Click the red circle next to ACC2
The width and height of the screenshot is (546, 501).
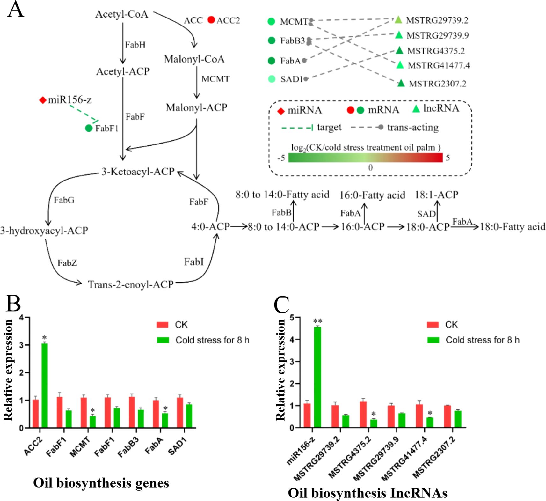pyautogui.click(x=211, y=20)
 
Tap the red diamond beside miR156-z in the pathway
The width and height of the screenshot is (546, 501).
pyautogui.click(x=43, y=100)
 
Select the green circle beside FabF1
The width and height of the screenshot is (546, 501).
pyautogui.click(x=89, y=128)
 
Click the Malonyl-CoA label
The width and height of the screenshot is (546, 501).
pyautogui.click(x=194, y=59)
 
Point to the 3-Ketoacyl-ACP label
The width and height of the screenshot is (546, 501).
pyautogui.click(x=138, y=172)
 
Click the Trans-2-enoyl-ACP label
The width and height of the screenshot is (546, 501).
pyautogui.click(x=131, y=284)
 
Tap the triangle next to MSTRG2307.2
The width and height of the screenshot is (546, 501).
pyautogui.click(x=401, y=84)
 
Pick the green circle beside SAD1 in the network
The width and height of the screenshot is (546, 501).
pyautogui.click(x=272, y=79)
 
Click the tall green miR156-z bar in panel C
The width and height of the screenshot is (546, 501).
pyautogui.click(x=317, y=377)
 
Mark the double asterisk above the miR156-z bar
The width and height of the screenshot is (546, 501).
pyautogui.click(x=318, y=321)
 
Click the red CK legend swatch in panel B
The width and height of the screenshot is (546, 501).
pyautogui.click(x=163, y=325)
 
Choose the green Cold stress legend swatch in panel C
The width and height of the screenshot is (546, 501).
pyautogui.click(x=433, y=340)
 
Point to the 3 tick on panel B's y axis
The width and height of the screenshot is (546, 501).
pyautogui.click(x=22, y=345)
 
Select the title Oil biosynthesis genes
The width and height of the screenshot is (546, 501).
pyautogui.click(x=101, y=483)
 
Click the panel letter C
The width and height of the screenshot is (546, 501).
pyautogui.click(x=281, y=305)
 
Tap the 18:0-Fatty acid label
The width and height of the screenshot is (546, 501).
pyautogui.click(x=513, y=227)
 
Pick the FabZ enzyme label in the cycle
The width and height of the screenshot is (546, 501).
pyautogui.click(x=67, y=263)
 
